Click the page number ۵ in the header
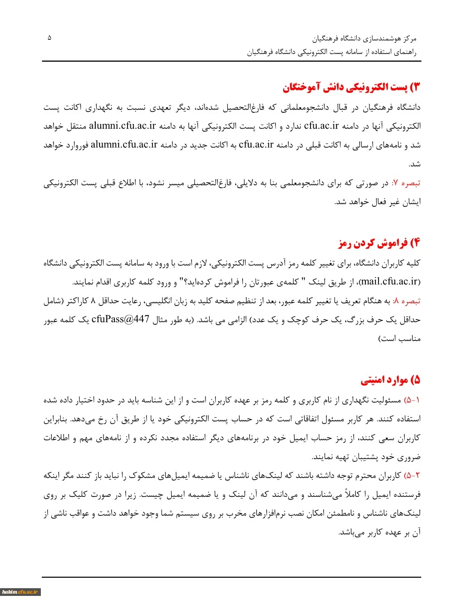(x=49, y=38)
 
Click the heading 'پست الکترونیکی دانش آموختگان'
(x=352, y=87)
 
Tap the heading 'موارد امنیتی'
(x=390, y=380)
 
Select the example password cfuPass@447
(x=120, y=319)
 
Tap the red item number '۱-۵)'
(x=412, y=400)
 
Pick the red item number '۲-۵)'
(x=412, y=475)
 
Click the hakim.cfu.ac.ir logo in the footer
(x=21, y=592)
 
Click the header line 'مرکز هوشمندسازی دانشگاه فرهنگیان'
(x=364, y=39)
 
